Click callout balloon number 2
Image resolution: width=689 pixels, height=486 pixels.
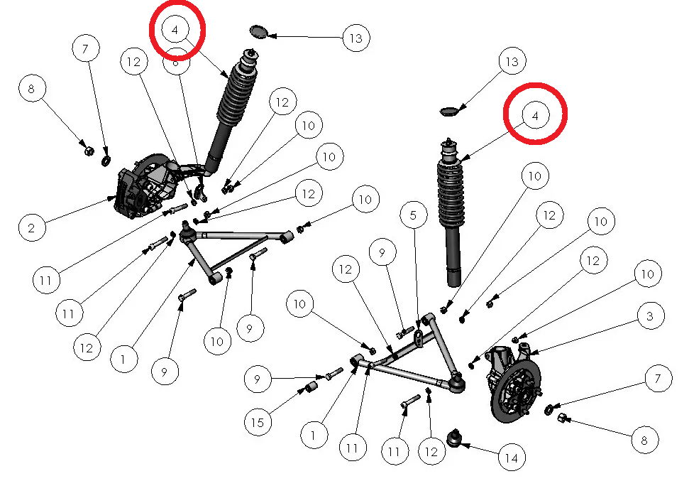click(32, 228)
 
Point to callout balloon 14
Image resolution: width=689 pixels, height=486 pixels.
click(512, 458)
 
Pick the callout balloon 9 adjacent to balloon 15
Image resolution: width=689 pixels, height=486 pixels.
click(258, 379)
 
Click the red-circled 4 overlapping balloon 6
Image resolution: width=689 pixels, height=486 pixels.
click(177, 29)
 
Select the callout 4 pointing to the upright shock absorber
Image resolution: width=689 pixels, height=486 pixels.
click(536, 114)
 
